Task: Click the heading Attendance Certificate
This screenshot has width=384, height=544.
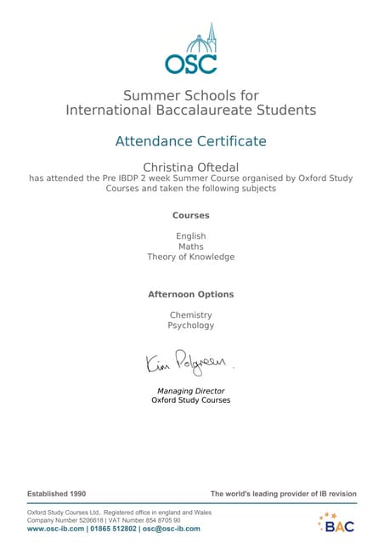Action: pos(191,141)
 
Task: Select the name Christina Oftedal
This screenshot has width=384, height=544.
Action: pos(191,166)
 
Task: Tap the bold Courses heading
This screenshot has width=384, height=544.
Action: pos(191,215)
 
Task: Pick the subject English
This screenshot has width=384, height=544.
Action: pos(191,235)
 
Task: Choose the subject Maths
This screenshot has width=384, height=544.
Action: pos(191,246)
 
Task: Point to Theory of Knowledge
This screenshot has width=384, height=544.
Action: pos(191,257)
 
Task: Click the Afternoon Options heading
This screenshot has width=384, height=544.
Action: pos(191,294)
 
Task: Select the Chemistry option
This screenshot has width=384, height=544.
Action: pos(191,314)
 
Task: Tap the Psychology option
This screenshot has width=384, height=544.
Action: pos(191,326)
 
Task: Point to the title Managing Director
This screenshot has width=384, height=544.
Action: pos(191,391)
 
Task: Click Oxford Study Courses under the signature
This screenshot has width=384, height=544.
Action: pos(191,399)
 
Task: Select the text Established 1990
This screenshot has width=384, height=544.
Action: pos(57,494)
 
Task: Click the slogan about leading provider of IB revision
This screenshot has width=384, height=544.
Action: pos(284,494)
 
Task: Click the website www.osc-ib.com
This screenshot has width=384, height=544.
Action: pos(55,529)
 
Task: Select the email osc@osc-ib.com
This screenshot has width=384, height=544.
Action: pos(172,529)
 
